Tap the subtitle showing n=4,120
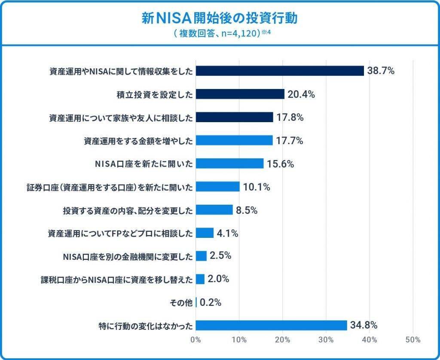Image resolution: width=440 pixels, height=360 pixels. click(x=220, y=34)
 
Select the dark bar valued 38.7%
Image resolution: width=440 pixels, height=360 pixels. click(x=280, y=71)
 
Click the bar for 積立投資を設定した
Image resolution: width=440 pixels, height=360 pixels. click(x=240, y=94)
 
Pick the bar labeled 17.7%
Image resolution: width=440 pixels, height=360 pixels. click(x=234, y=140)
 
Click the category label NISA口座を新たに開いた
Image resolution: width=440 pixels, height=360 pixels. click(x=144, y=163)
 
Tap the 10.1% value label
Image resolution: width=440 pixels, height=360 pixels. click(x=257, y=187)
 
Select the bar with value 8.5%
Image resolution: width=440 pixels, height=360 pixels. click(x=214, y=210)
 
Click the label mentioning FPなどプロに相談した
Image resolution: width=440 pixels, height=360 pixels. click(x=119, y=233)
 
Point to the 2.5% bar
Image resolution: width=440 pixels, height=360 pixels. click(x=201, y=256)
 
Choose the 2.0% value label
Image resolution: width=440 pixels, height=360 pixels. click(x=218, y=279)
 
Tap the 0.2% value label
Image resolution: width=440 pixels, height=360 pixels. click(x=211, y=302)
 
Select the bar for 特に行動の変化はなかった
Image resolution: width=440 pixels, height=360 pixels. click(x=271, y=325)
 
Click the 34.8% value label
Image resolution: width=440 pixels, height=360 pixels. click(x=364, y=324)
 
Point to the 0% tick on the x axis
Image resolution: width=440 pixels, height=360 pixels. click(x=196, y=340)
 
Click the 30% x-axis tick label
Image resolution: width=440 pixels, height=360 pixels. click(x=326, y=340)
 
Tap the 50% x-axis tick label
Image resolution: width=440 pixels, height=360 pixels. click(x=413, y=340)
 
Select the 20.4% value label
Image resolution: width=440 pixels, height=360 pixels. click(x=301, y=94)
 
